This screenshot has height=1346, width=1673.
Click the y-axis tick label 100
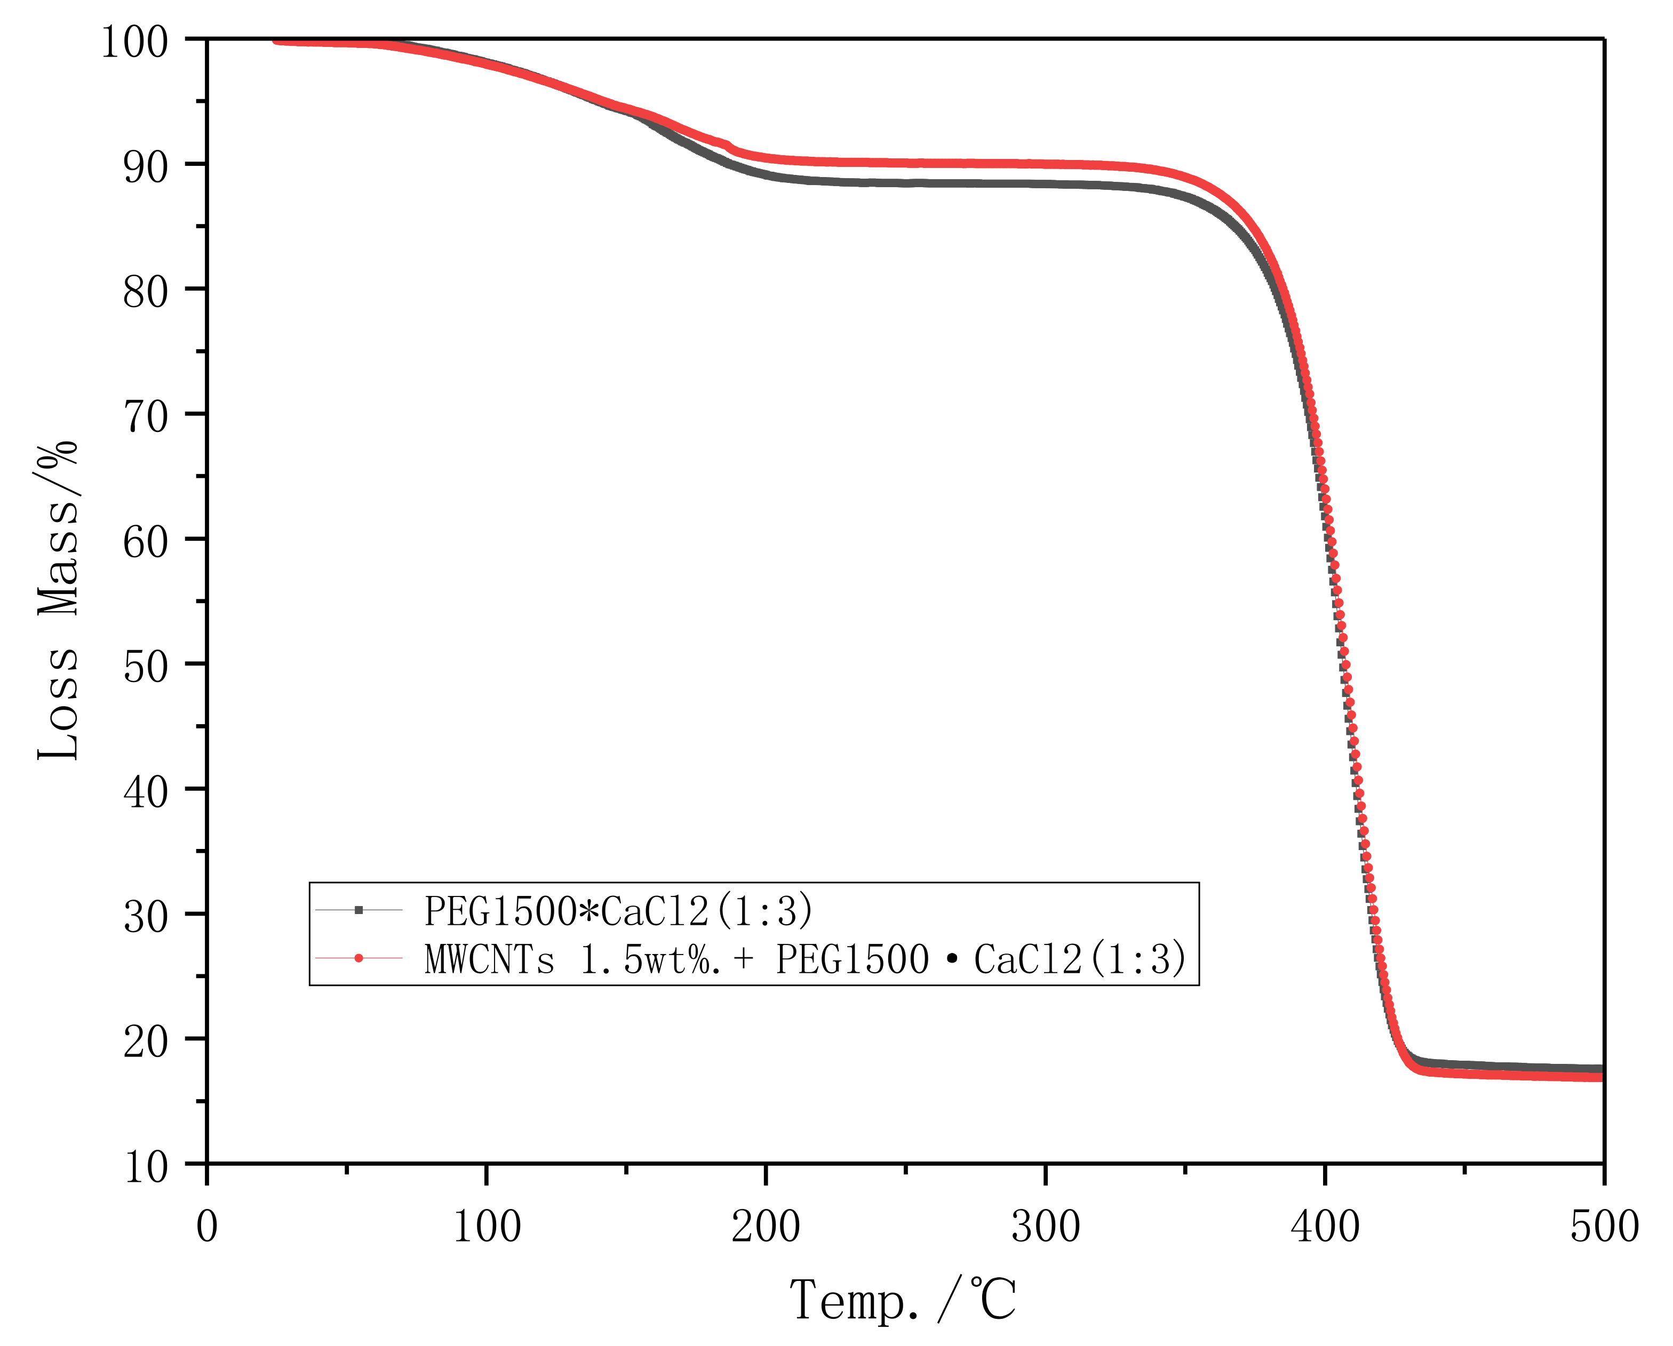134,42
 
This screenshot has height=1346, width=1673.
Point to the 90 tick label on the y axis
145,167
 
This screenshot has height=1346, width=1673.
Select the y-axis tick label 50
145,667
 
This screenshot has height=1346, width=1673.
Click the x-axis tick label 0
207,1227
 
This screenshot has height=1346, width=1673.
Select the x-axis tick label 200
766,1227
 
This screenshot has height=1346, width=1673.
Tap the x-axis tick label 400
1325,1227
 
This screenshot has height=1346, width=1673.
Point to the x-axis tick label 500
1604,1227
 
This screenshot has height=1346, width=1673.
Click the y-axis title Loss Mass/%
58,600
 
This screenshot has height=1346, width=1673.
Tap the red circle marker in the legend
359,958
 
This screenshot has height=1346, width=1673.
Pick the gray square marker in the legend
359,909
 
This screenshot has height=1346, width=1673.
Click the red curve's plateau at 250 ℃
905,163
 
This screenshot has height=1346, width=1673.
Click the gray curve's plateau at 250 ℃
905,183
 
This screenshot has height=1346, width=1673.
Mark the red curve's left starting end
277,41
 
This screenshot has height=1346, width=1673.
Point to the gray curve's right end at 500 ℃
1601,1068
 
